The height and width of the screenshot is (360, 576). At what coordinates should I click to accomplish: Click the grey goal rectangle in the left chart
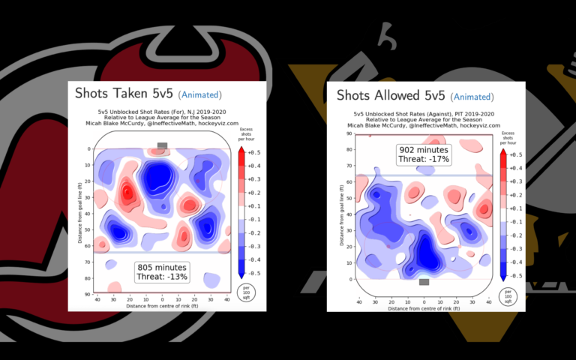click(163, 145)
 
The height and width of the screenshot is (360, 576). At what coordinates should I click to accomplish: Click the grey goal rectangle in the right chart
click(424, 282)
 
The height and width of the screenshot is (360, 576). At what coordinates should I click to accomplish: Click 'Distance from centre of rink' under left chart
click(163, 306)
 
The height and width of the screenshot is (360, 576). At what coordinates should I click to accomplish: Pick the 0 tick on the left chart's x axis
click(163, 298)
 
